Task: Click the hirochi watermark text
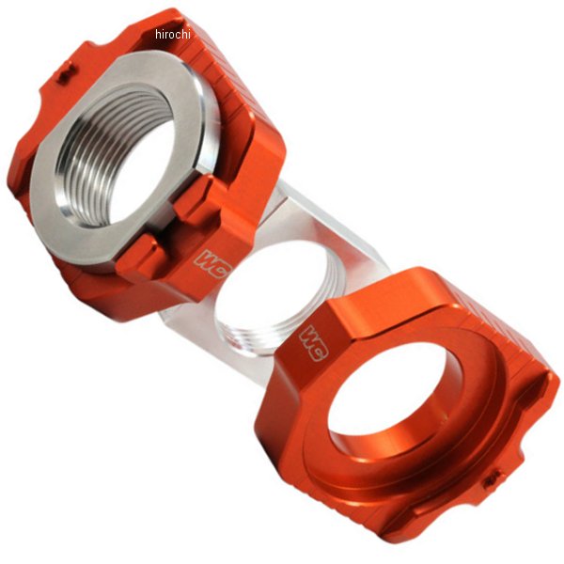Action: [173, 34]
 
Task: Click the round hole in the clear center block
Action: [268, 291]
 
